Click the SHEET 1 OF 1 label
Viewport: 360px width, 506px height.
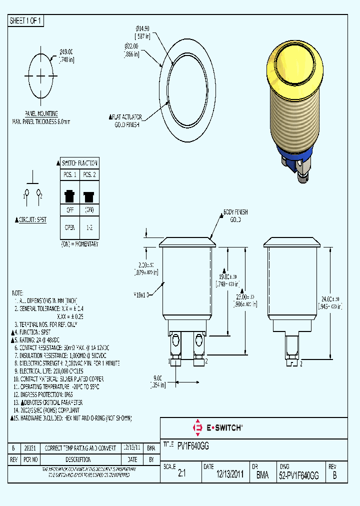coord(26,21)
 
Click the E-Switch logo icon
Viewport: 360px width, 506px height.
coord(197,427)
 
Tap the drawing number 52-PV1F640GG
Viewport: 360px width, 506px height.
coord(298,476)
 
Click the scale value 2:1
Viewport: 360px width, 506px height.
coord(181,476)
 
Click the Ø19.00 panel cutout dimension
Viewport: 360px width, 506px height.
coord(66,51)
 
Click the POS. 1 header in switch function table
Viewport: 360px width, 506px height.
coord(69,174)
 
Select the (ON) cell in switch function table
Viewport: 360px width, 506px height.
coord(89,209)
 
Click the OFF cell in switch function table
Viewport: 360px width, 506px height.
coord(69,209)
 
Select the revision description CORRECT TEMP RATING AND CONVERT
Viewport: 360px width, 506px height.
coord(80,448)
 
